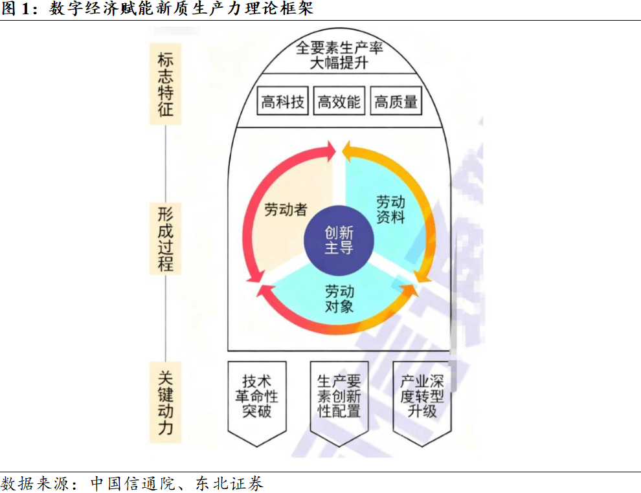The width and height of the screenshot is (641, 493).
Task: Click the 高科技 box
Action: click(283, 102)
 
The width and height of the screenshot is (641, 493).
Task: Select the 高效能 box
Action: click(339, 102)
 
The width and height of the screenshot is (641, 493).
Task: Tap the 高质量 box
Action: click(396, 102)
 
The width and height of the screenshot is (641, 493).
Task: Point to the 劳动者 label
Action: click(286, 210)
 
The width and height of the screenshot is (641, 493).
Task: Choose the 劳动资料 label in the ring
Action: click(391, 210)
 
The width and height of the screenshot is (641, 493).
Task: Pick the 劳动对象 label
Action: click(339, 298)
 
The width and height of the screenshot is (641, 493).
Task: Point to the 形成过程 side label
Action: click(165, 238)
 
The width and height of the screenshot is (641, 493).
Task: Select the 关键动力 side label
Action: click(165, 401)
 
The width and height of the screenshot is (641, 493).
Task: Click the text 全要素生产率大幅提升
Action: click(339, 56)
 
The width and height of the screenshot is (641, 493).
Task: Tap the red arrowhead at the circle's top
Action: click(330, 151)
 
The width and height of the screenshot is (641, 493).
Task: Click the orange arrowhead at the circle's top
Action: click(348, 151)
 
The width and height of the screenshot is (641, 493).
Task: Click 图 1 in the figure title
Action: click(17, 8)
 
